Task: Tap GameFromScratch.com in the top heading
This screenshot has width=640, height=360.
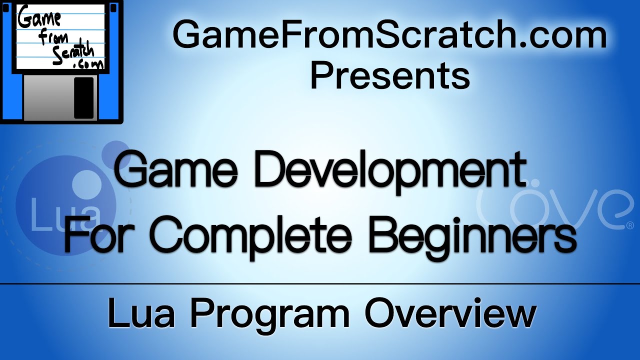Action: pyautogui.click(x=390, y=36)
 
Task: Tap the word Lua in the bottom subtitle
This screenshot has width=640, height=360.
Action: pyautogui.click(x=143, y=313)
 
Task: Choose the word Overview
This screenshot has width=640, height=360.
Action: pyautogui.click(x=450, y=313)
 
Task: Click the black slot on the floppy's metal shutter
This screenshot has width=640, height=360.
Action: pyautogui.click(x=83, y=97)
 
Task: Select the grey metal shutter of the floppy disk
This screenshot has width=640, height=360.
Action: pyautogui.click(x=50, y=97)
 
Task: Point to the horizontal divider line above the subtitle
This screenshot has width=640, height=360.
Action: pyautogui.click(x=320, y=283)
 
